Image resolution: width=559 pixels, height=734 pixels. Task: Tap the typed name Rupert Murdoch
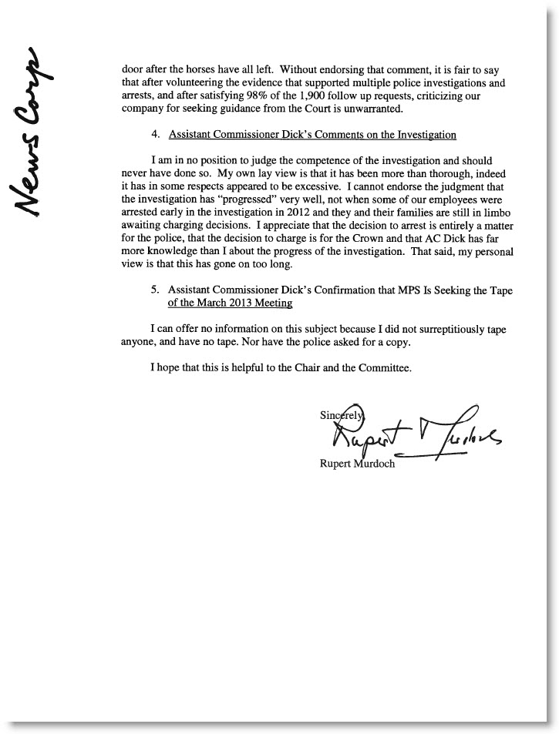coord(356,464)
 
